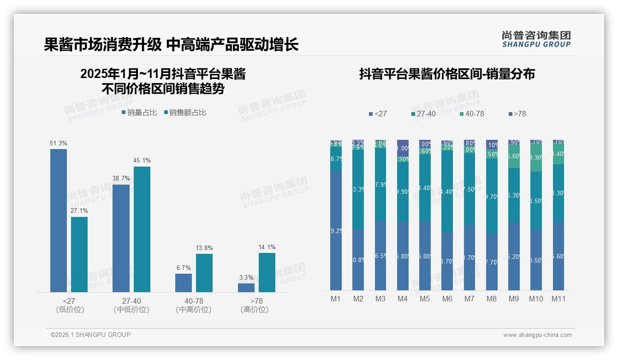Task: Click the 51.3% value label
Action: [59, 144]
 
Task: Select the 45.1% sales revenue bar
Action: [142, 229]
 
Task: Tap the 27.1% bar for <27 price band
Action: [79, 254]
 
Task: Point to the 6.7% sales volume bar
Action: [184, 282]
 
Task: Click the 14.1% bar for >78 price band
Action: [267, 272]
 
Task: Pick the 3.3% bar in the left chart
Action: [246, 288]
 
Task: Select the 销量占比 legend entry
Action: [139, 113]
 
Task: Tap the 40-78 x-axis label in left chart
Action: [194, 301]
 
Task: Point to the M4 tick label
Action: [403, 299]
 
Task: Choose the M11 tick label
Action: [559, 299]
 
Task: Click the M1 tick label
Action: [336, 299]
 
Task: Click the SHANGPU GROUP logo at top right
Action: [536, 39]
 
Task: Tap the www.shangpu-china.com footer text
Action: [537, 335]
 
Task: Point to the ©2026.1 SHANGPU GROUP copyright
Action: [90, 335]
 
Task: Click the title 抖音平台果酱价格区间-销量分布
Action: [447, 74]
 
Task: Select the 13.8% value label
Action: [204, 248]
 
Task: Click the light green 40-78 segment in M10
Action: [536, 157]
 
